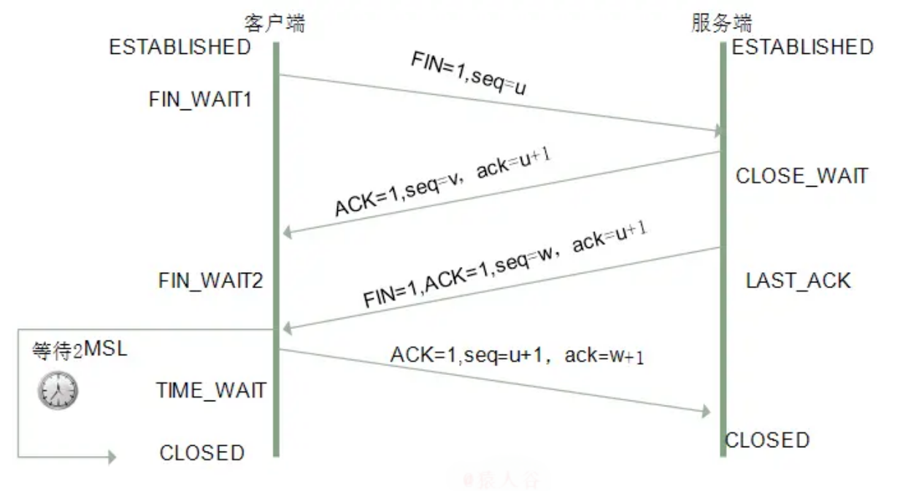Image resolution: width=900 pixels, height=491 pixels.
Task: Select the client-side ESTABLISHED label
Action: click(180, 47)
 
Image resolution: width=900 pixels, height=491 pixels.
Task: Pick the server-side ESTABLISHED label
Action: click(802, 47)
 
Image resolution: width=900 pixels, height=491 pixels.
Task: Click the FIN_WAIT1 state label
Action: click(200, 100)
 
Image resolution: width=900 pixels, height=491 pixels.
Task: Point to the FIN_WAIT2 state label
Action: click(210, 281)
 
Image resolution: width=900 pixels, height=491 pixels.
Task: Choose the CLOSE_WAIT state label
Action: click(801, 177)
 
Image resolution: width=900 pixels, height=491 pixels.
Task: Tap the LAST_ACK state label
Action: click(798, 281)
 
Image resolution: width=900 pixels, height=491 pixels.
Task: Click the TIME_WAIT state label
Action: click(210, 390)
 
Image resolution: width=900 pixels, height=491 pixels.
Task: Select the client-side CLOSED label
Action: click(201, 453)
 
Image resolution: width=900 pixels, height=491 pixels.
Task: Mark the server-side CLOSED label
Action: click(767, 441)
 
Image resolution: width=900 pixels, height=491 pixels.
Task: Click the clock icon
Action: click(57, 392)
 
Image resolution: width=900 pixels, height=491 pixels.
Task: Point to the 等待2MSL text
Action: click(79, 350)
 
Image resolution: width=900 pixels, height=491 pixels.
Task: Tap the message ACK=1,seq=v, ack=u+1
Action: click(442, 185)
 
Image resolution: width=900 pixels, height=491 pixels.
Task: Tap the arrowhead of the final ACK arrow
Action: click(705, 412)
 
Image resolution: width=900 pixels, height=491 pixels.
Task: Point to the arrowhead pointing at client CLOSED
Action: click(111, 457)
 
